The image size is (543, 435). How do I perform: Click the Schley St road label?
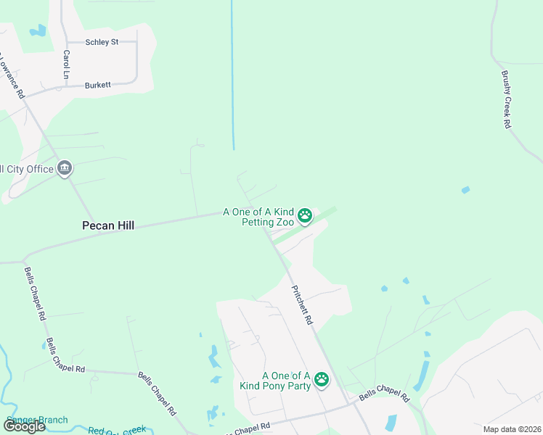click(102, 42)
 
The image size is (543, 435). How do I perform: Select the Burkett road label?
click(98, 85)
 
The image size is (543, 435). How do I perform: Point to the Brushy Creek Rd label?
click(506, 99)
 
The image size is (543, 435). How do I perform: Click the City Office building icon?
click(65, 169)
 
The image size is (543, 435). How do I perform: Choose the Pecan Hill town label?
click(108, 225)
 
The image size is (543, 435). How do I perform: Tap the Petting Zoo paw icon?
click(306, 215)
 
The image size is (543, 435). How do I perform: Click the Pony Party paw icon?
click(322, 379)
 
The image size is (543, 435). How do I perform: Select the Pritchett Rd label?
click(302, 304)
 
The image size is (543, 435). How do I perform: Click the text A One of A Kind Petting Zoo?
click(258, 217)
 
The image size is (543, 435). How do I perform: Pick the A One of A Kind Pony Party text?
click(275, 381)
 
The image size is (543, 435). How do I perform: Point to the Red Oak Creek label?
click(117, 430)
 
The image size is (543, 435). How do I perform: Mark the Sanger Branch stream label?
click(36, 420)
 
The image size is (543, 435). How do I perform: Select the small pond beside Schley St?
click(36, 31)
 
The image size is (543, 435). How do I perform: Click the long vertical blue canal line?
click(232, 72)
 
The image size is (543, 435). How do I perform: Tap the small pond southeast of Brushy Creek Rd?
click(465, 190)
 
